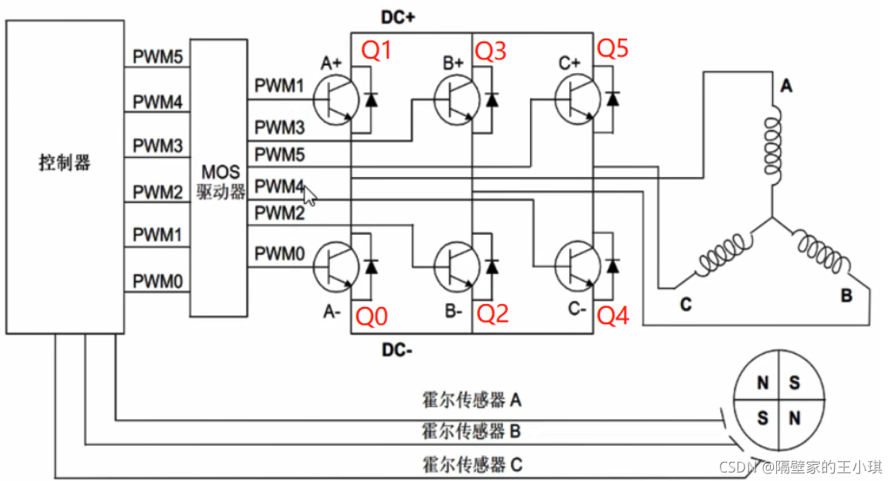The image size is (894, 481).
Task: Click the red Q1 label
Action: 377,51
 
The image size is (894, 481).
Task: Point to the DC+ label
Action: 398,17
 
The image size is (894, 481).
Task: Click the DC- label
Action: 398,351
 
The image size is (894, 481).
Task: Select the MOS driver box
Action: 219,179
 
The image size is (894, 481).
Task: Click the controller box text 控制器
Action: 65,163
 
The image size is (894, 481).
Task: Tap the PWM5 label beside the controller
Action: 157,55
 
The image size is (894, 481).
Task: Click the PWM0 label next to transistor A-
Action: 280,251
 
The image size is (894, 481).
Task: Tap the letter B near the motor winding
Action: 846,296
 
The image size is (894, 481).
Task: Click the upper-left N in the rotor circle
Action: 763,382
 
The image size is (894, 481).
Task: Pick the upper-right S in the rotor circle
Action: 795,382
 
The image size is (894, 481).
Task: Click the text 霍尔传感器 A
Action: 472,399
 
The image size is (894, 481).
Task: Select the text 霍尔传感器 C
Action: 472,464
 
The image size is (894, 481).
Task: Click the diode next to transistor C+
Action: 613,99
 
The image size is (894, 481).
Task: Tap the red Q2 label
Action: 492,313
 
